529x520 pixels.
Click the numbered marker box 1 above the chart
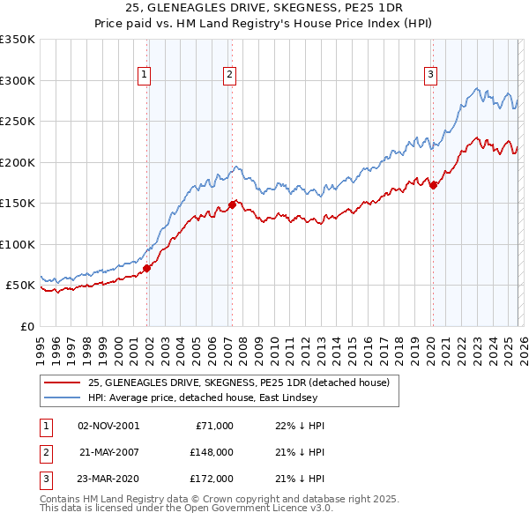pos(144,75)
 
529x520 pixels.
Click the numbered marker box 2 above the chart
pos(228,75)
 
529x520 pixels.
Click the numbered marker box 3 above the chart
pos(431,75)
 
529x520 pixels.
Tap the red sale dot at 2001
pos(147,269)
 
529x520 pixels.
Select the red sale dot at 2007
pos(232,204)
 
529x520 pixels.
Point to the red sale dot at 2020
pos(433,185)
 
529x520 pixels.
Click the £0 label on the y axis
pos(26,326)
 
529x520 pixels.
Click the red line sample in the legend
pos(62,382)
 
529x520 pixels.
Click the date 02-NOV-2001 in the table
pos(108,426)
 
